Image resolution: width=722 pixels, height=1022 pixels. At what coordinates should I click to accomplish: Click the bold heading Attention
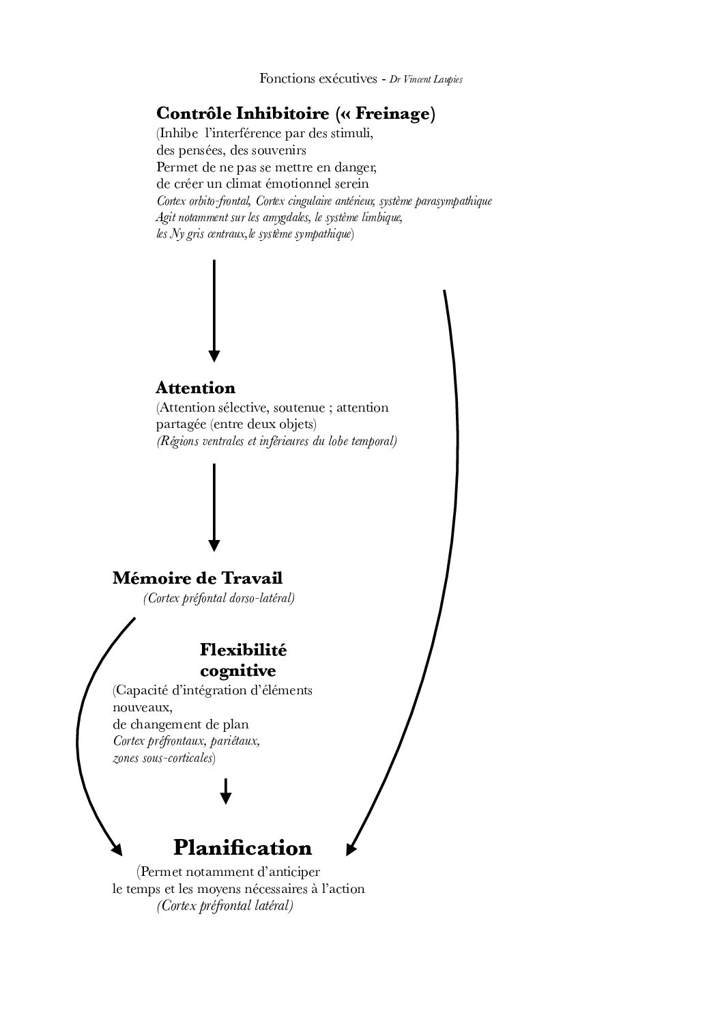point(195,388)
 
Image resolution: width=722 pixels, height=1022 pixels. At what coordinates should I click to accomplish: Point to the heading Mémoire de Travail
point(197,578)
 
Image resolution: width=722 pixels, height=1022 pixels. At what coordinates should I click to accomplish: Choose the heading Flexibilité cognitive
point(243,659)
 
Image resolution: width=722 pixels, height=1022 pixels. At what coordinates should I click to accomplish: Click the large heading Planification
point(242,848)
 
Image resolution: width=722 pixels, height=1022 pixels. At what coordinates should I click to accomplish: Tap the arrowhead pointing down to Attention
point(214,355)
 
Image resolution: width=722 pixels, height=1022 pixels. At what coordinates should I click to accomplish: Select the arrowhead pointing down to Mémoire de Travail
point(214,545)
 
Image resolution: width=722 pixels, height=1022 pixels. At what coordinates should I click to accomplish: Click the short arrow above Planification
point(226,792)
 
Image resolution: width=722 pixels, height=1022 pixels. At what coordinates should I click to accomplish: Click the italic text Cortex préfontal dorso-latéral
point(219,599)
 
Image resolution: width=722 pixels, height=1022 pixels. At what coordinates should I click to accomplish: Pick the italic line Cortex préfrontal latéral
point(225,906)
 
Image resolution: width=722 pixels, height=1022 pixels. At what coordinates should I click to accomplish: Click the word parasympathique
point(454,201)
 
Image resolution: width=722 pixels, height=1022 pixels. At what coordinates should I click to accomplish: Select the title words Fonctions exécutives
point(318,79)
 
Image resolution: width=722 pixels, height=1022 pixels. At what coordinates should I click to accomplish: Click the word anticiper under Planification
point(290,872)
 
